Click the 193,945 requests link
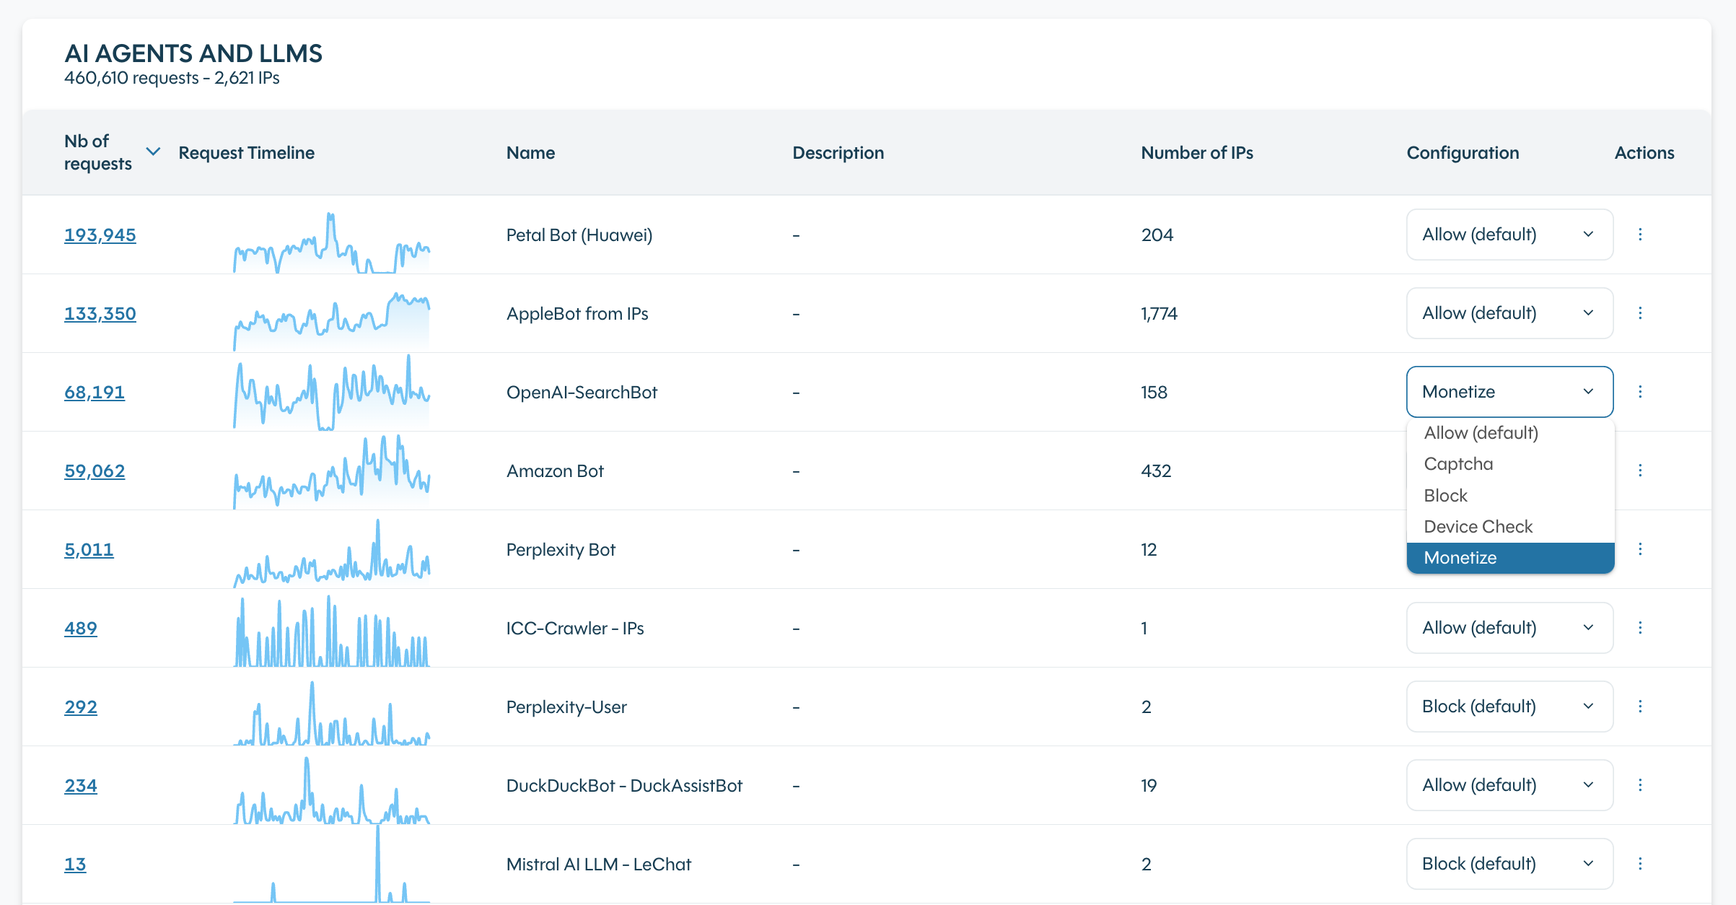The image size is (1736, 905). click(100, 235)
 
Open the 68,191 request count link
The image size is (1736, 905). click(94, 392)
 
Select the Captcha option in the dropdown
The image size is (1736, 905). click(1458, 464)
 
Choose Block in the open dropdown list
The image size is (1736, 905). click(1446, 496)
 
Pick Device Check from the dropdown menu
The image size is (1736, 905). click(1478, 527)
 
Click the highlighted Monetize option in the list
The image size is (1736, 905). click(1460, 558)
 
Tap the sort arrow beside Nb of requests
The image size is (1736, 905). click(153, 152)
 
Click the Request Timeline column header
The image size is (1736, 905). click(246, 153)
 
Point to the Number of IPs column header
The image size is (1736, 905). click(1196, 153)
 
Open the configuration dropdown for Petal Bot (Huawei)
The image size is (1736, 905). click(1509, 235)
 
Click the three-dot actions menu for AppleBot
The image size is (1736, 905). click(1640, 313)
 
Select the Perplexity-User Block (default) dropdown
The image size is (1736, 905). click(1509, 707)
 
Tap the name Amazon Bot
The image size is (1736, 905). click(555, 471)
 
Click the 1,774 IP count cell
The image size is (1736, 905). click(1159, 313)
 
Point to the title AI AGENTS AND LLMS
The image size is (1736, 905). click(193, 53)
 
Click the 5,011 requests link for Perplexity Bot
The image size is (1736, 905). click(89, 550)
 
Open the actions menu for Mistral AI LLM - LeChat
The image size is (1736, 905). click(1640, 864)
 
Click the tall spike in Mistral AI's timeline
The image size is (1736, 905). click(377, 862)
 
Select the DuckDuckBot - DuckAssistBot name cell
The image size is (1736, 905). click(624, 785)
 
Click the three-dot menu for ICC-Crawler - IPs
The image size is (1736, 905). click(1640, 628)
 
